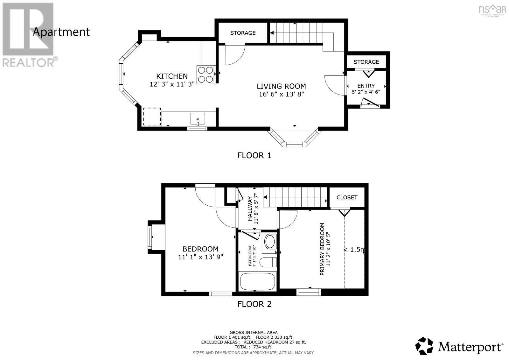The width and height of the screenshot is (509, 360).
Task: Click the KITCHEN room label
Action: tap(172, 76)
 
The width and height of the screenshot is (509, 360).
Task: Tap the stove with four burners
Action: tap(206, 74)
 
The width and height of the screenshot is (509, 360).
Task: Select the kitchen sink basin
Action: tap(198, 119)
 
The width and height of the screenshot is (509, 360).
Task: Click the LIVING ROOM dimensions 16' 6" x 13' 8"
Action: tap(282, 94)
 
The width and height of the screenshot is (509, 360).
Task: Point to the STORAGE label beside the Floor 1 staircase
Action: tap(243, 33)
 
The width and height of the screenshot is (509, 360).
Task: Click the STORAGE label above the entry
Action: tap(366, 62)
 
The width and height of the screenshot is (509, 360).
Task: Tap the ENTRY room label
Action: tap(366, 86)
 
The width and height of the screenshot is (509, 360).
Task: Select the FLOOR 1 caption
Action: tap(254, 155)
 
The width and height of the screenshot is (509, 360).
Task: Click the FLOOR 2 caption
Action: tap(254, 304)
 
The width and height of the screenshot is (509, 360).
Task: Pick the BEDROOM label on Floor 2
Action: tap(200, 249)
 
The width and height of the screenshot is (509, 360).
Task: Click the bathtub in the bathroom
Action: tap(257, 281)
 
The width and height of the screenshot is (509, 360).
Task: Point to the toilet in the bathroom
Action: tap(267, 263)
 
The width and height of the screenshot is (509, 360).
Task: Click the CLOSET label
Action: tap(347, 197)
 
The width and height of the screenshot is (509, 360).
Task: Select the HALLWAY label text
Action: tap(250, 209)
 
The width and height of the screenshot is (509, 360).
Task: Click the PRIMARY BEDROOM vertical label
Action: tap(322, 249)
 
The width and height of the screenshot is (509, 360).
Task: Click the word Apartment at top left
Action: tap(61, 32)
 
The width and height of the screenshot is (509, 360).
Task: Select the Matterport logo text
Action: tap(470, 346)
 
